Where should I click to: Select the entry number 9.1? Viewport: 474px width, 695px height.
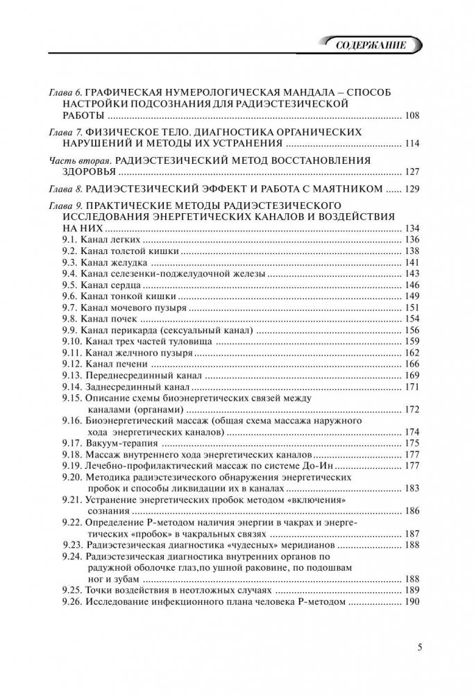pos(69,239)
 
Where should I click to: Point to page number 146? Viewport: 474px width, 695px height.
pos(412,285)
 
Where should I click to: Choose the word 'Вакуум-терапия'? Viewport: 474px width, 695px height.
pos(119,443)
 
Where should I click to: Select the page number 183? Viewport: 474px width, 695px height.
pos(412,489)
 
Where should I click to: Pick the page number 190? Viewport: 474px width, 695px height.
pos(412,601)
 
